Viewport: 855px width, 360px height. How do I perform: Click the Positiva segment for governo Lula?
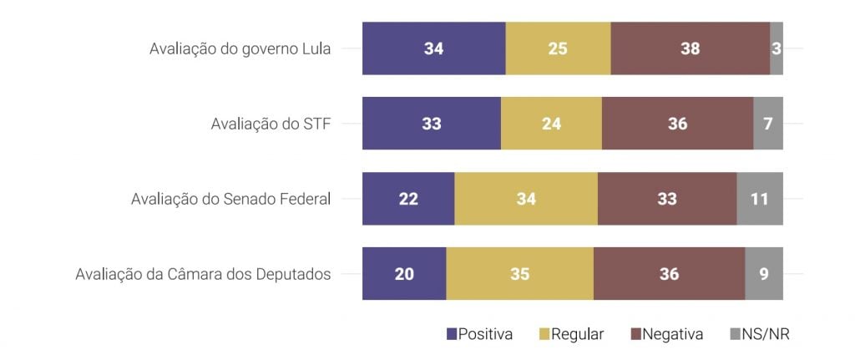tap(433, 48)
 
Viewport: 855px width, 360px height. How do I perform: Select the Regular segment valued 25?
tap(558, 48)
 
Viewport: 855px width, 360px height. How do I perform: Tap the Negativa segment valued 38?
tap(690, 48)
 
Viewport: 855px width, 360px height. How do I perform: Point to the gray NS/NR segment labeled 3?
tap(777, 48)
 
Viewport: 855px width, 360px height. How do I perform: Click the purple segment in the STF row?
tap(431, 124)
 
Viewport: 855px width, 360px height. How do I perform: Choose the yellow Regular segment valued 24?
tap(551, 124)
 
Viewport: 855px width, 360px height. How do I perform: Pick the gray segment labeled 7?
tap(768, 124)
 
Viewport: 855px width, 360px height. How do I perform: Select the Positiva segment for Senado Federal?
tap(408, 199)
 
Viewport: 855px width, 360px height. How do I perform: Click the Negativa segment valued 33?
tap(666, 199)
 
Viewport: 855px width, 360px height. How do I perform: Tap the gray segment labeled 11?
tap(760, 199)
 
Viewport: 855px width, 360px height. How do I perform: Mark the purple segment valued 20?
tap(404, 274)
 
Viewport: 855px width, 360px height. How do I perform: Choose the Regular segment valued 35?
tap(519, 274)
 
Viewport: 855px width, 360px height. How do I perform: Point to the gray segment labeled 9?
tap(764, 274)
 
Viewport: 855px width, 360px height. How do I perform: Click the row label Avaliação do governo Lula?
tap(240, 48)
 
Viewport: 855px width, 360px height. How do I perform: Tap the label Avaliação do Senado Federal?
tap(231, 199)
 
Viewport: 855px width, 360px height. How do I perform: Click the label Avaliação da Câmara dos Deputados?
tap(203, 274)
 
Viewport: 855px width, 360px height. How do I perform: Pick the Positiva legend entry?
tap(480, 334)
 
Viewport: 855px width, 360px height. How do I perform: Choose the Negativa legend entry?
tap(667, 334)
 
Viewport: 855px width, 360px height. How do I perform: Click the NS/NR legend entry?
tap(760, 334)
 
